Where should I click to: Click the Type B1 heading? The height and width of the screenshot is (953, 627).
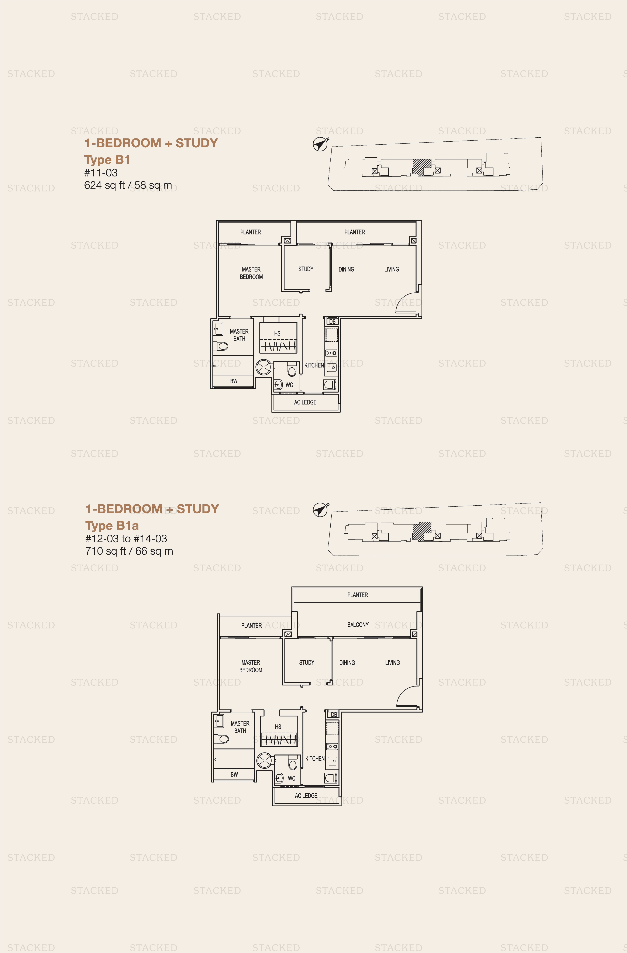pyautogui.click(x=107, y=160)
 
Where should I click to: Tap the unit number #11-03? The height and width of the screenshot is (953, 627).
pyautogui.click(x=101, y=173)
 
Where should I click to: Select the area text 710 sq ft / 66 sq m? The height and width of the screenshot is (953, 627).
pyautogui.click(x=129, y=551)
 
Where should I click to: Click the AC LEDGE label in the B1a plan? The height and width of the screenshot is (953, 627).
pyautogui.click(x=306, y=796)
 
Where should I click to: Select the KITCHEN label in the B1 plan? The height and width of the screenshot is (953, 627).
pyautogui.click(x=314, y=365)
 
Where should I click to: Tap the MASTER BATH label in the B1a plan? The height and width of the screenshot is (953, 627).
pyautogui.click(x=240, y=727)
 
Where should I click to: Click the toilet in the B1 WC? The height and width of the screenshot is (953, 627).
pyautogui.click(x=292, y=370)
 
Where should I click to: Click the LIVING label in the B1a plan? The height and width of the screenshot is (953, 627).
pyautogui.click(x=392, y=663)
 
